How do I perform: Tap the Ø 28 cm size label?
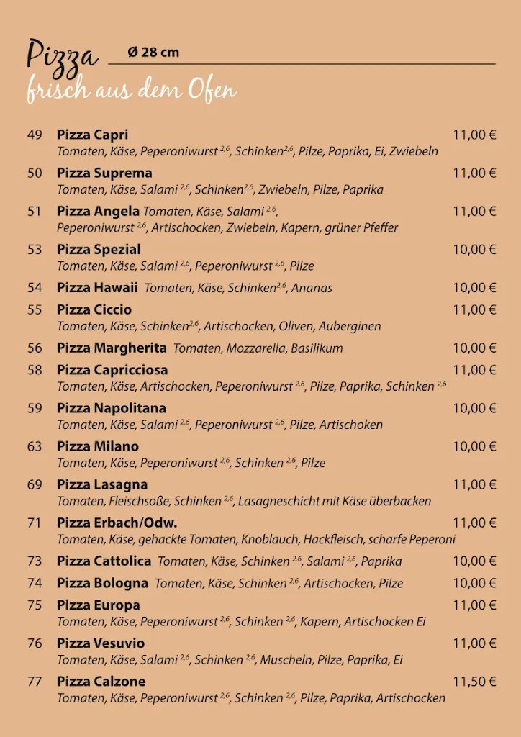[x=153, y=52]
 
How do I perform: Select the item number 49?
[x=35, y=135]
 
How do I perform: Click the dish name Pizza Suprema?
[x=104, y=173]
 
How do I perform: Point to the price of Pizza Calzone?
[x=474, y=681]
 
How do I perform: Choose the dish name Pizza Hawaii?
[x=97, y=287]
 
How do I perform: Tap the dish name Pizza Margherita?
[x=112, y=348]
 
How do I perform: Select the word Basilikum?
[x=317, y=348]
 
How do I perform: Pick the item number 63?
[x=35, y=446]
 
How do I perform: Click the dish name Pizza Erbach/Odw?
[x=117, y=523]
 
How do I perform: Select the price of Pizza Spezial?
[x=474, y=249]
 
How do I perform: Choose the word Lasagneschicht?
[x=281, y=501]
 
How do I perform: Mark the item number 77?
[x=35, y=681]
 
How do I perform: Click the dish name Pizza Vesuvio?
[x=101, y=643]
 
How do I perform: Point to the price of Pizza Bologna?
[x=474, y=582]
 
